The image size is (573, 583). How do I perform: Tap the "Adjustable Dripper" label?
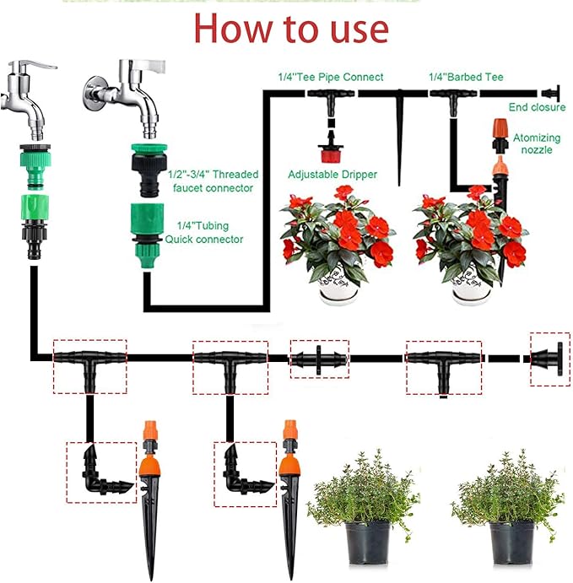(x=332, y=175)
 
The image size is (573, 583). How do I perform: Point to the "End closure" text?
(x=537, y=107)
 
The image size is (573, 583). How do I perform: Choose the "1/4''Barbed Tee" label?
(x=466, y=77)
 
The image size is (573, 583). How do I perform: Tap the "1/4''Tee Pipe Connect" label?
(x=330, y=77)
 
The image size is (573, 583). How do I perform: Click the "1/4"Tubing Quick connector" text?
(x=210, y=233)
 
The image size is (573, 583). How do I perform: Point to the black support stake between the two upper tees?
(x=397, y=127)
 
